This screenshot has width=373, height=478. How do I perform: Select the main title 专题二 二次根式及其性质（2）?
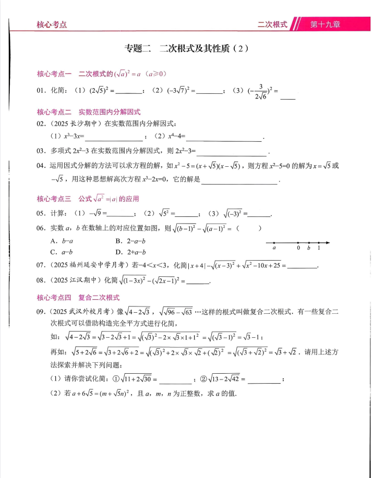[186, 50]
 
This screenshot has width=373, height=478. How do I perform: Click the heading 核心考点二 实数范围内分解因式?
[89, 112]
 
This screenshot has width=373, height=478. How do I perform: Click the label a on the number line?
[274, 249]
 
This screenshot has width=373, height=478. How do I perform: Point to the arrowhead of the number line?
[328, 242]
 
